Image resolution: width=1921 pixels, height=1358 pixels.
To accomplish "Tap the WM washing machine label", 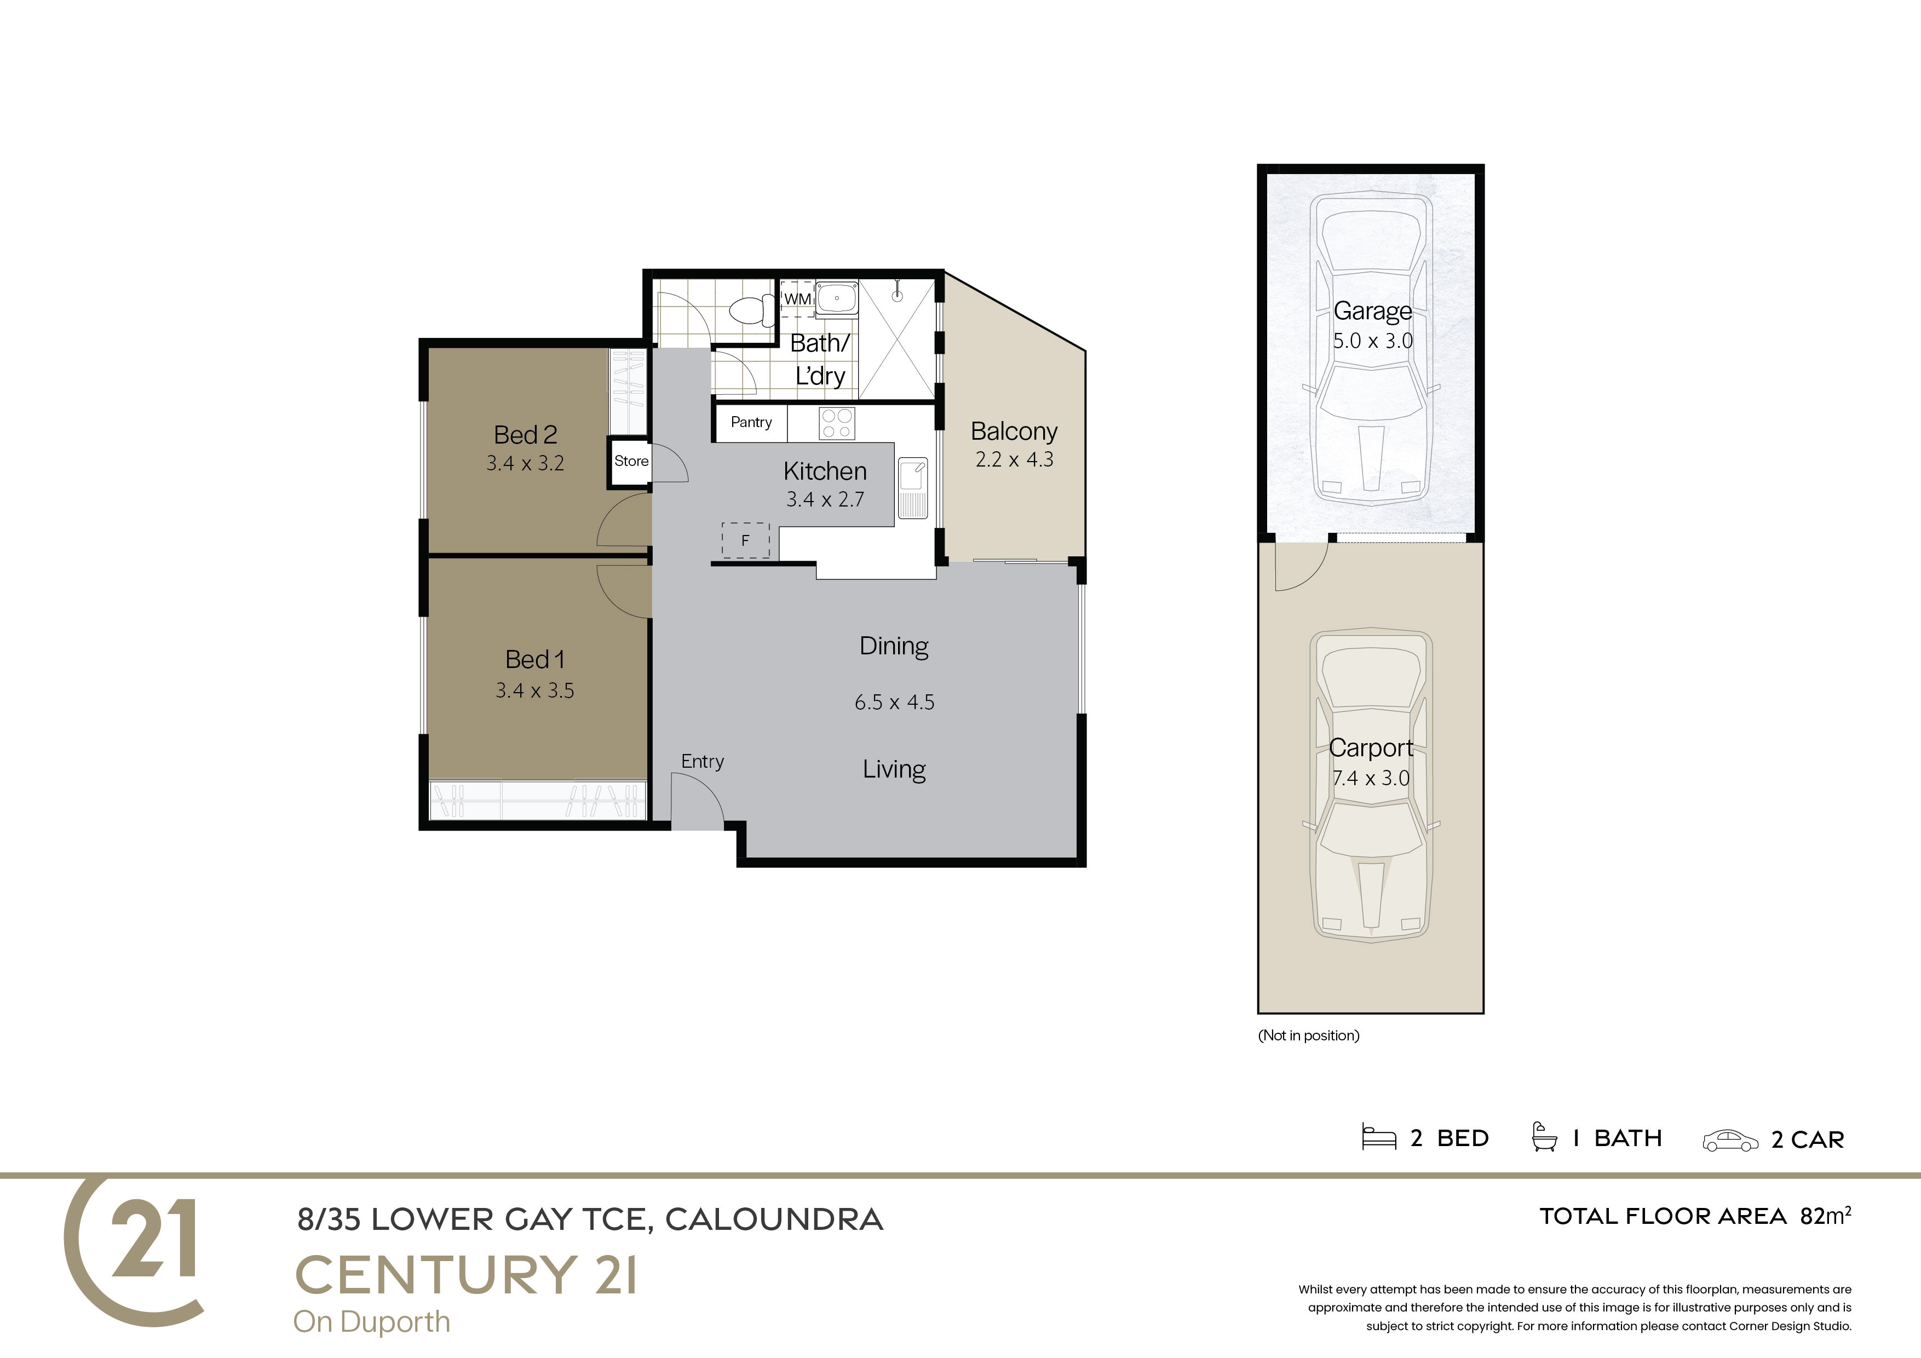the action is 797,299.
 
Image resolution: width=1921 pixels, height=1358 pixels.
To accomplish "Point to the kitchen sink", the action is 913,488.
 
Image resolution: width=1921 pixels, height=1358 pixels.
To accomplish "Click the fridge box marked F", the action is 745,540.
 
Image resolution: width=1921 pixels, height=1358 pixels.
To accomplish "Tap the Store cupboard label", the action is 631,461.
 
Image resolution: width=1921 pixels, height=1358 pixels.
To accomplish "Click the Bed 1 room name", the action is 534,659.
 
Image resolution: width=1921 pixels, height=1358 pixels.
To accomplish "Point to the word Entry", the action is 703,762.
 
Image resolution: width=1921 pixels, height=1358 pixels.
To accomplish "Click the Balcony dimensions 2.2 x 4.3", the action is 1014,459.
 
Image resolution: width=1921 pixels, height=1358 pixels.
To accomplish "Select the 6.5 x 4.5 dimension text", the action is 894,702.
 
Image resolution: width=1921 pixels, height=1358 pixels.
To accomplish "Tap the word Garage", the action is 1372,311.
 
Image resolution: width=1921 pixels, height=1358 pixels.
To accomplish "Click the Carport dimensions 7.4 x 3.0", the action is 1371,778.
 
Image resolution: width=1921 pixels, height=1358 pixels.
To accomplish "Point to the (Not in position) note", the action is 1309,1036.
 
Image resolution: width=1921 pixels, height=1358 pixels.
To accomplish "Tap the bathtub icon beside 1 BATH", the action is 1544,1137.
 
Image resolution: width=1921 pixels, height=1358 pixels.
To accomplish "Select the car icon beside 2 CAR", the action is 1730,1141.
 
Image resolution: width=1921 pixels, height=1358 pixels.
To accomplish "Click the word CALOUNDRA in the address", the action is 774,1220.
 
